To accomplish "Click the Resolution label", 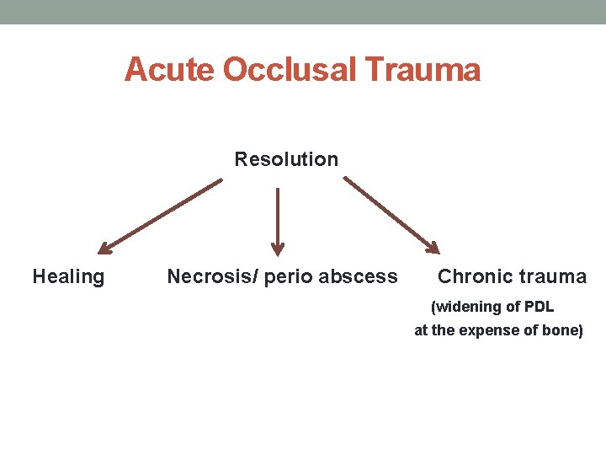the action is tap(286, 159).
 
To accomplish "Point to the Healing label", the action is tap(68, 276).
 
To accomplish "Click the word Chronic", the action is tap(476, 276).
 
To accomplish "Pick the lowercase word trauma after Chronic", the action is tap(554, 276).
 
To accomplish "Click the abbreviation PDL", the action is tap(538, 307).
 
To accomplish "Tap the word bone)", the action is tap(561, 330).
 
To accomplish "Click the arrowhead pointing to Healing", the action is tap(104, 249).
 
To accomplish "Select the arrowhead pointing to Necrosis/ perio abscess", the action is tap(278, 249).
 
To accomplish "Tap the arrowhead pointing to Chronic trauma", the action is tap(433, 248).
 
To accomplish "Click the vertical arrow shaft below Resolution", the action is tap(278, 215).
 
